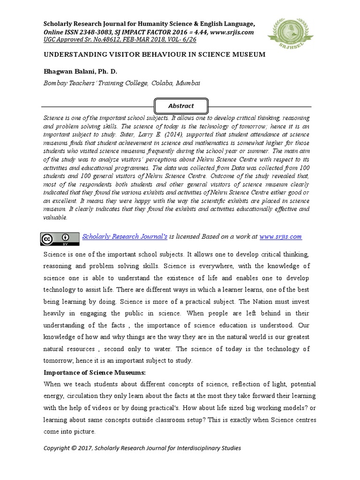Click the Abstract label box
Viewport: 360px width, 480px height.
coord(181,106)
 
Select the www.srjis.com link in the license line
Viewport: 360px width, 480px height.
coord(280,237)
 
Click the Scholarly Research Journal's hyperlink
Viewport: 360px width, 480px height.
coord(125,237)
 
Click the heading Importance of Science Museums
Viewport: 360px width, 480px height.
coord(95,373)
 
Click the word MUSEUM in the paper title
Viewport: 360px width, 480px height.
coord(247,54)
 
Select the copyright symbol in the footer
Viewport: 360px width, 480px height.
coord(76,448)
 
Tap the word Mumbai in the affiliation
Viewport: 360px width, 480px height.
coord(188,83)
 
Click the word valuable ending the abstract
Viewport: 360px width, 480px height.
coord(55,217)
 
